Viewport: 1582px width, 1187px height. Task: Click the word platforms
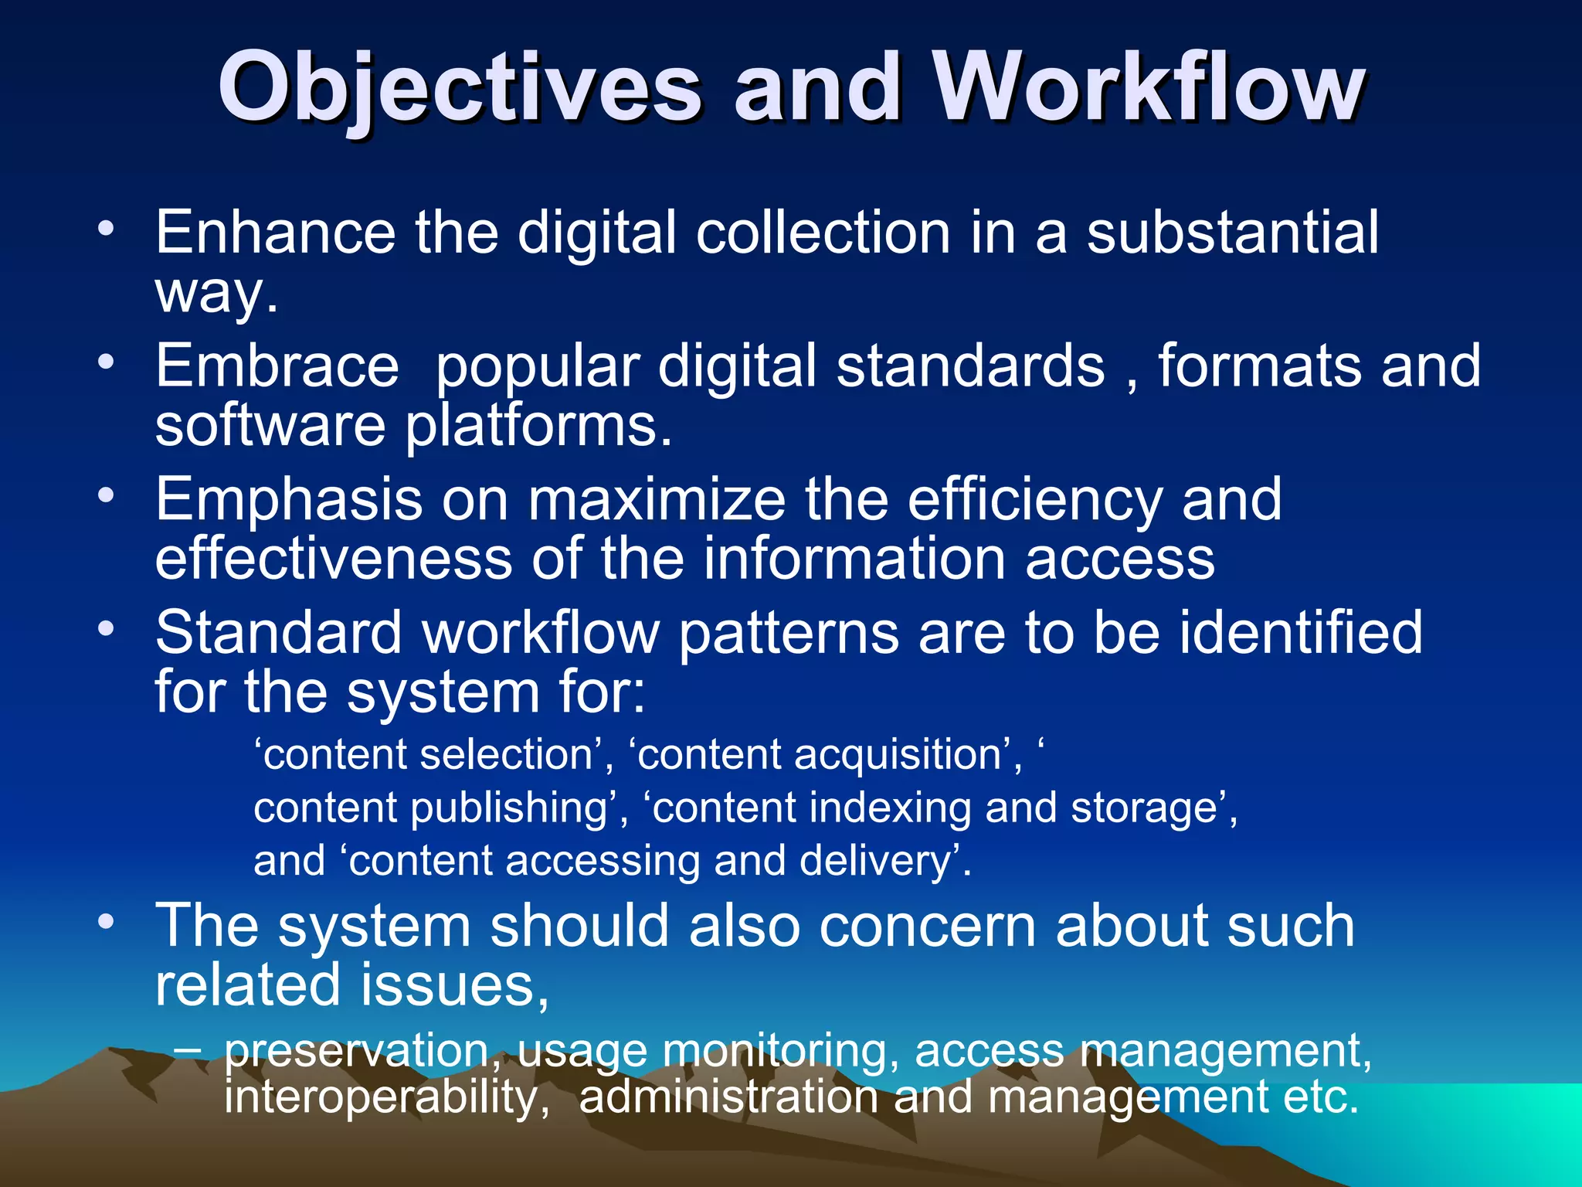pyautogui.click(x=539, y=427)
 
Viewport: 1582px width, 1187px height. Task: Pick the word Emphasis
pyautogui.click(x=289, y=501)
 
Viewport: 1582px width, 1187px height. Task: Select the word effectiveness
pyautogui.click(x=334, y=558)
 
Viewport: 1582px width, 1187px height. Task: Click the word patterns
pyautogui.click(x=789, y=633)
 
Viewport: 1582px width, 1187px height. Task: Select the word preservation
pyautogui.click(x=356, y=1052)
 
